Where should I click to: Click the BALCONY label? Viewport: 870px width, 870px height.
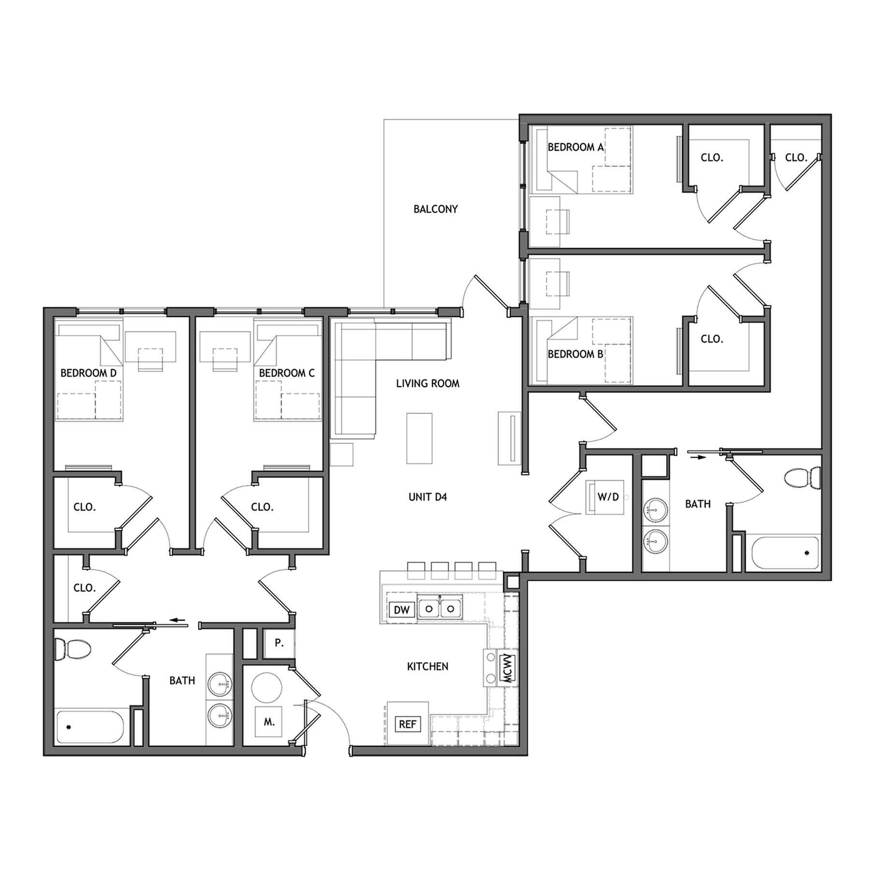(435, 209)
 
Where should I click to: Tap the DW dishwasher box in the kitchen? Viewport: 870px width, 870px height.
(401, 610)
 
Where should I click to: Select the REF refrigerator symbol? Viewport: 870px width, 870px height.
(407, 724)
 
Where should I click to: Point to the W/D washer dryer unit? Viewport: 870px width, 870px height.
(608, 497)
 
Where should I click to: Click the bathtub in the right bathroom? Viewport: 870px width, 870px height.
(785, 552)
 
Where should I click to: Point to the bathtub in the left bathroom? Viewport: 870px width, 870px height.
(89, 727)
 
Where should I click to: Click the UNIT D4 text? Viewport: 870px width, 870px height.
(427, 497)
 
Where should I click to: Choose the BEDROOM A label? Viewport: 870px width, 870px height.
(575, 147)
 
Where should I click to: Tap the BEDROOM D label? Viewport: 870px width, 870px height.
(88, 373)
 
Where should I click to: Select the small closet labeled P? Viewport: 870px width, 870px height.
(279, 643)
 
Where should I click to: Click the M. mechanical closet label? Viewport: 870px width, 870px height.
(269, 722)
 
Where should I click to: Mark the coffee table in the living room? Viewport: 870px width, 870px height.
(419, 438)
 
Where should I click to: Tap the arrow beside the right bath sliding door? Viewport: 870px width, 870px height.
(696, 456)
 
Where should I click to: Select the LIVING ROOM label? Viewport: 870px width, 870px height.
(427, 384)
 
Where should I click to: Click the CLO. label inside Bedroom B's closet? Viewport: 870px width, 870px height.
(711, 339)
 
